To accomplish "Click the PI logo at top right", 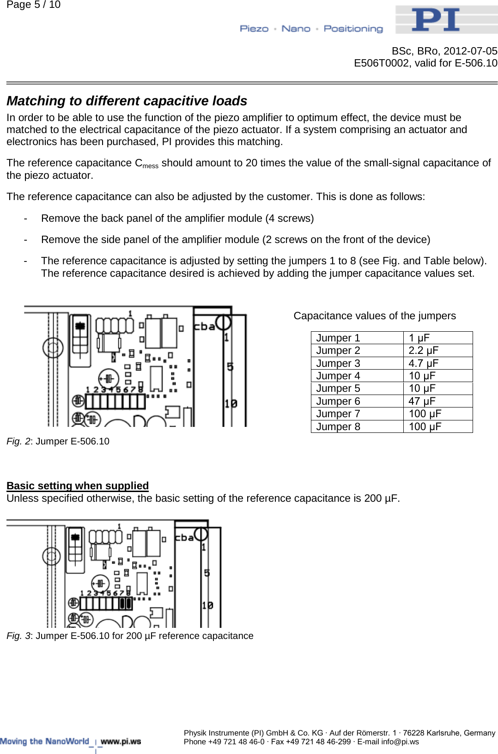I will [436, 19].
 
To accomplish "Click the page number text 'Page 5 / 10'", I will [33, 5].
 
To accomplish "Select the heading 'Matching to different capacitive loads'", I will [127, 101].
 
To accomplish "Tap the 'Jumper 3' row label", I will [338, 363].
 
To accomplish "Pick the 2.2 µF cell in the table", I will [423, 350].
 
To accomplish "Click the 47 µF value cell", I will [422, 401].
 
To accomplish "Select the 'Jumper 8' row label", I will [338, 426].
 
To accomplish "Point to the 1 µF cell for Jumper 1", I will [419, 338].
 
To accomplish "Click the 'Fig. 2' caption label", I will [18, 441].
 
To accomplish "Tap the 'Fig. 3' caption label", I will [18, 636].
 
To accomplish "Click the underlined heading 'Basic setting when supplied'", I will [78, 486].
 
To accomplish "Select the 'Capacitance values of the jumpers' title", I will [374, 316].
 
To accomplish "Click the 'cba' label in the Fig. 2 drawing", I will [204, 326].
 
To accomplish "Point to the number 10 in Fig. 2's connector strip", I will [231, 404].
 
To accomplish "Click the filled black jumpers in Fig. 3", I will [126, 603].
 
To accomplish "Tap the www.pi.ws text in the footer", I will [121, 741].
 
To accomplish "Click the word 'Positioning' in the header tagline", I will [353, 29].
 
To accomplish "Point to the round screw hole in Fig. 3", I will [51, 556].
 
